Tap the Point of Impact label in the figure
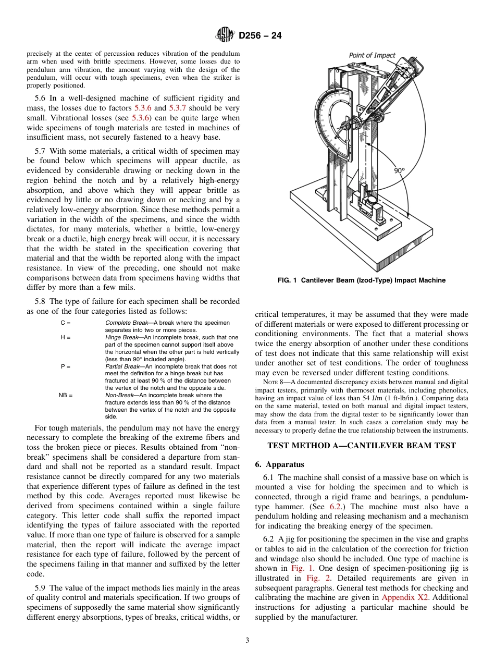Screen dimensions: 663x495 (x=372, y=55)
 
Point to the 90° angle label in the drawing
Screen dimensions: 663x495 (x=400, y=170)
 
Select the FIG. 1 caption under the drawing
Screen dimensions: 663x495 (x=361, y=280)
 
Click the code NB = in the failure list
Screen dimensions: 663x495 (x=66, y=396)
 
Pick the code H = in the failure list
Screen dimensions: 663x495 (x=66, y=338)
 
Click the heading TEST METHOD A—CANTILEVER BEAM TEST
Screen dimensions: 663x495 (x=361, y=446)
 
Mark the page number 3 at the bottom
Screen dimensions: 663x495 (x=247, y=640)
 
